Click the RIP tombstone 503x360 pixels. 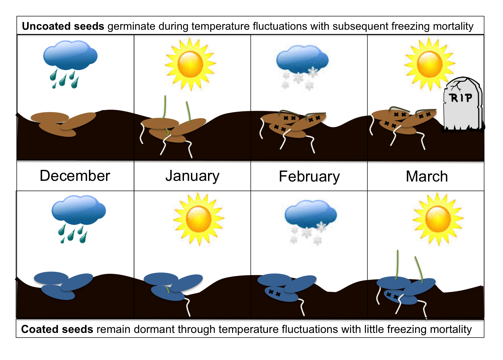[463, 104]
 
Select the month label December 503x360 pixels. [75, 176]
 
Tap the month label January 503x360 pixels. [192, 176]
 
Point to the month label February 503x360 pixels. [309, 177]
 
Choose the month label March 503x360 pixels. [427, 176]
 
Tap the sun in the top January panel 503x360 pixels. [190, 64]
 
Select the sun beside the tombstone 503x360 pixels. [429, 64]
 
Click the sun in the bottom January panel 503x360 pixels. [199, 219]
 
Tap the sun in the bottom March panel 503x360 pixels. [438, 219]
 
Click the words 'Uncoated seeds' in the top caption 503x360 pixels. [63, 26]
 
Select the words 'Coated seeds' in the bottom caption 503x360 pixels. [57, 330]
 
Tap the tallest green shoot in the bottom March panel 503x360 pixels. [397, 265]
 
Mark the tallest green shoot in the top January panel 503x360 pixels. [165, 107]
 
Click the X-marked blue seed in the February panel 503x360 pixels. [281, 294]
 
